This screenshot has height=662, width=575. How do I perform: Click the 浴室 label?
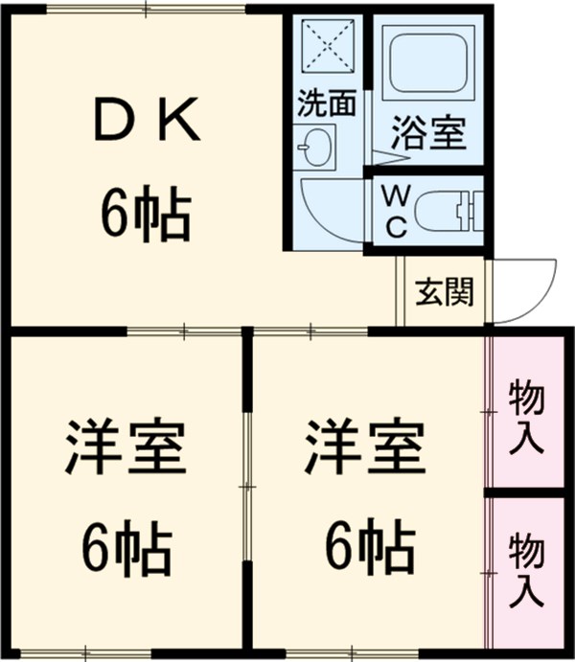click(x=427, y=134)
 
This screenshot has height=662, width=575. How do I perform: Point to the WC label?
click(x=396, y=210)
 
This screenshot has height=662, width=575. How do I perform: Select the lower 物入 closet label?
click(x=526, y=571)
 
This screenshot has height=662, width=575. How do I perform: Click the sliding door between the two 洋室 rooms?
click(x=247, y=489)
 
